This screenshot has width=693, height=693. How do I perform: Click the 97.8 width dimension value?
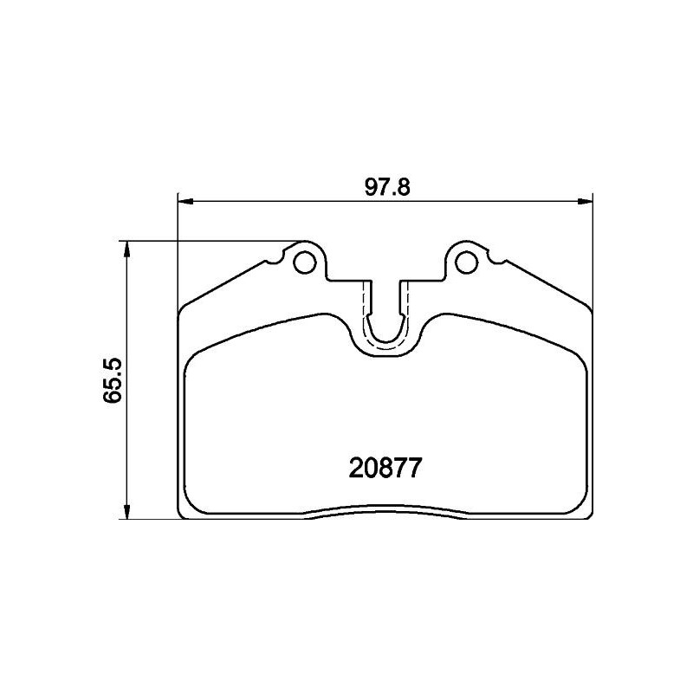coord(387,187)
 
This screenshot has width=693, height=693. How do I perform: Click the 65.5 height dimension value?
coord(112,379)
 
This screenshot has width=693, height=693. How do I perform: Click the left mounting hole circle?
coord(305,262)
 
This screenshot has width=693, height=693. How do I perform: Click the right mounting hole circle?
coord(466,262)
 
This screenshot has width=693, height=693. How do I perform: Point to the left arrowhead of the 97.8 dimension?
coord(185,202)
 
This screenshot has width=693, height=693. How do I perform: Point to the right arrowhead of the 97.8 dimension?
coord(585,202)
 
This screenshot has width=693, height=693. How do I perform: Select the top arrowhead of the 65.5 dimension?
coord(127,249)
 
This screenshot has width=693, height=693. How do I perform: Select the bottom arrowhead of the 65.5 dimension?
coord(127,510)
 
